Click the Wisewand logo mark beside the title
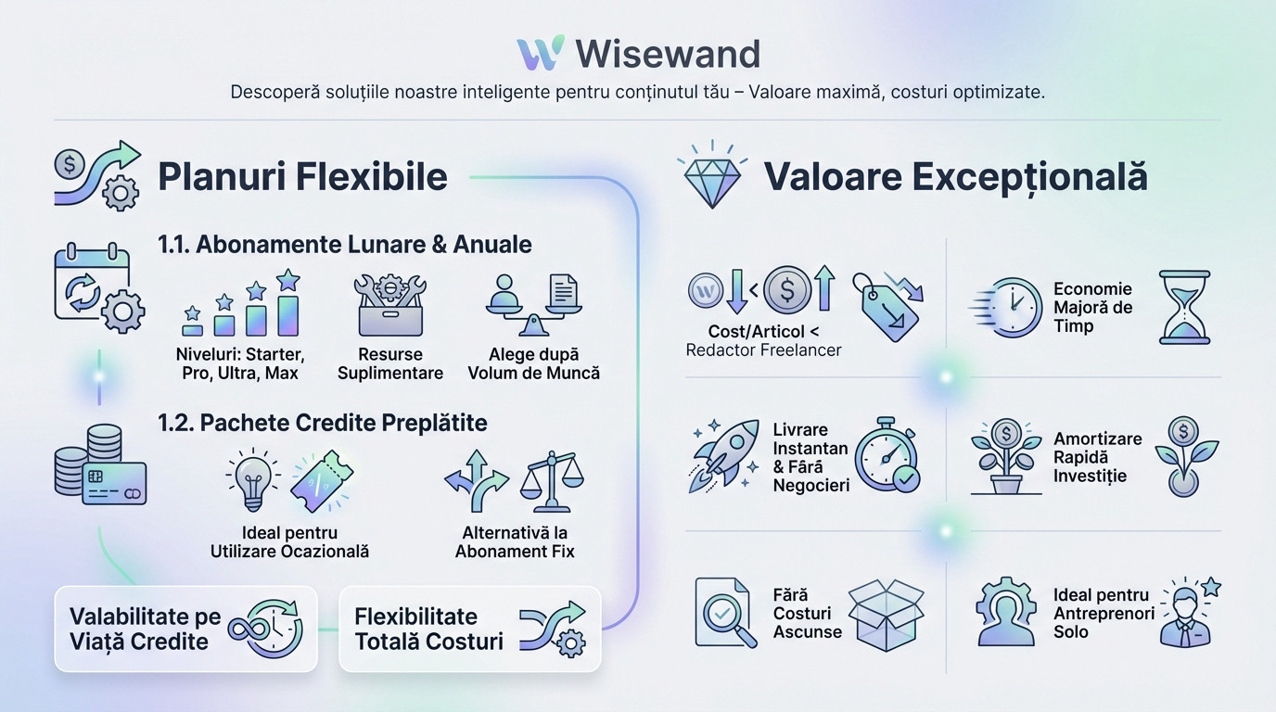pos(541,54)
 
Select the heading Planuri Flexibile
pos(302,176)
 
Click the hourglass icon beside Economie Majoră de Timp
pos(1185,308)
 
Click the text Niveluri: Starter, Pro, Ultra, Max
pos(240,363)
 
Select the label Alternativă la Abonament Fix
pos(515,542)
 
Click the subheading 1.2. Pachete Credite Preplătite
pos(323,423)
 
